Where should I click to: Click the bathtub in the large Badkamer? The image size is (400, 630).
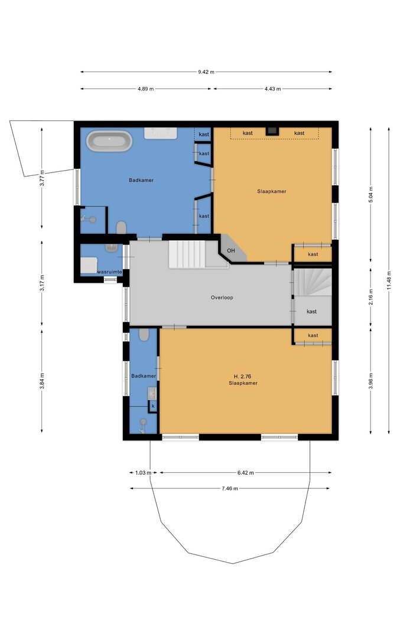coord(110,141)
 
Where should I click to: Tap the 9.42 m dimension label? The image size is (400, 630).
coord(206,72)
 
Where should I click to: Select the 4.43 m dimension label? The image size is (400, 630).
coord(272,89)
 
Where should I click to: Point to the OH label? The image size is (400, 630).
coord(231,251)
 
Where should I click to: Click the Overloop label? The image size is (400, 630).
coord(222,298)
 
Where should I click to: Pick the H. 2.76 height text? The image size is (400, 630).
coord(243,377)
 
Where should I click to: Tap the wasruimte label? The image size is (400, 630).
coord(109,272)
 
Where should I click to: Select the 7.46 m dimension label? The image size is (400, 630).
coord(230,488)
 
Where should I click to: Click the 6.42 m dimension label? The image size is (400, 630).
coord(245,473)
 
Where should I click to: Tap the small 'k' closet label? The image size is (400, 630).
coord(153,406)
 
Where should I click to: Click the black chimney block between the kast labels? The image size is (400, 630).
coord(272,131)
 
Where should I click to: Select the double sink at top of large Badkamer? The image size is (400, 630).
coord(160,133)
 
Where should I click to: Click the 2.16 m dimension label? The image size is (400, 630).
coord(370,298)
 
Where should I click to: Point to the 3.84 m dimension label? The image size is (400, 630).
coord(42,381)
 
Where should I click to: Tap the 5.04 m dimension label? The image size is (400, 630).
coord(370,194)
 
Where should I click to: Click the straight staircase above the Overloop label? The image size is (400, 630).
coord(187,254)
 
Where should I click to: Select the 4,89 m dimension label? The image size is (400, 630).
coord(145,89)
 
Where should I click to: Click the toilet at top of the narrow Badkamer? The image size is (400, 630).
coord(144,335)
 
